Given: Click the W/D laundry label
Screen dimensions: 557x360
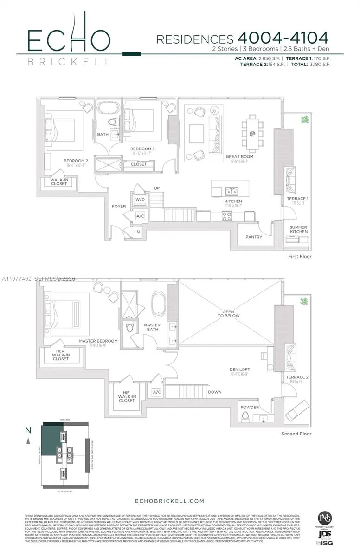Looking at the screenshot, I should tap(140, 199).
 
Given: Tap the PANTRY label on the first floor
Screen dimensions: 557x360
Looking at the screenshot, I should tap(254, 237).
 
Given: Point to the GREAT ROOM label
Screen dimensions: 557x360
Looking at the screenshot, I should tap(239, 157).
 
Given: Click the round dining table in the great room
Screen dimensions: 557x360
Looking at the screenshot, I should tap(253, 134).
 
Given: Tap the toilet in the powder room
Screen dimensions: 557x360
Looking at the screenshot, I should tap(245, 416).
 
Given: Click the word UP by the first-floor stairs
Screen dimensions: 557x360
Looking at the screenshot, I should tap(157, 188).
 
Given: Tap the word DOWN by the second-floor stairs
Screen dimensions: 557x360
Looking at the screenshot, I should tap(214, 392).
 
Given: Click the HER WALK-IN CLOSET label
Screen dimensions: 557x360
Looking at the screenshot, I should tap(61, 355).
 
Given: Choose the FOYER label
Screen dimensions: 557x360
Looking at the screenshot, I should tap(119, 206).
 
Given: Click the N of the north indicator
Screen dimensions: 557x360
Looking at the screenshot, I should tap(28, 430).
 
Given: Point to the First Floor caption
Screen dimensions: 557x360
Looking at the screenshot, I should tap(299, 256).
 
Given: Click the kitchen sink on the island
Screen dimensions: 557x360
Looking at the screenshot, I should tap(231, 191).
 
